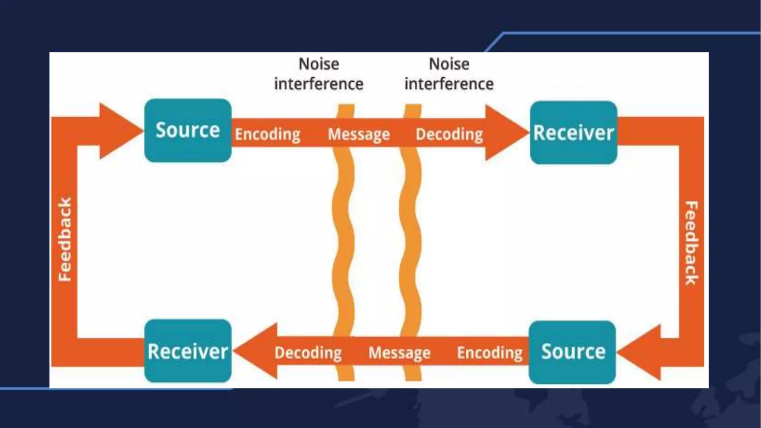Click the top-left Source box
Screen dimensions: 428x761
pyautogui.click(x=188, y=130)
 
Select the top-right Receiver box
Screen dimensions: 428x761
pyautogui.click(x=573, y=133)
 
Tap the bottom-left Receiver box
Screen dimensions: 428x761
pyautogui.click(x=188, y=351)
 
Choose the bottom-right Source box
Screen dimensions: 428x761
pyautogui.click(x=572, y=352)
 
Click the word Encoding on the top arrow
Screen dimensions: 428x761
pyautogui.click(x=268, y=134)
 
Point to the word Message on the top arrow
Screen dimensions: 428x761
pyautogui.click(x=359, y=134)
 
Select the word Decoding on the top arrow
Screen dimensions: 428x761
pyautogui.click(x=449, y=134)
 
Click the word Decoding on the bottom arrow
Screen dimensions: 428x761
pyautogui.click(x=308, y=352)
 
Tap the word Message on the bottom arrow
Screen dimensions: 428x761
pyautogui.click(x=399, y=352)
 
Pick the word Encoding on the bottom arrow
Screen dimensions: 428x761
pyautogui.click(x=489, y=352)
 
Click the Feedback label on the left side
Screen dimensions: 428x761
pyautogui.click(x=65, y=240)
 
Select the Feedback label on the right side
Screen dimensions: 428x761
pyautogui.click(x=691, y=243)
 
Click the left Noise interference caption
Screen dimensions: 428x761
pyautogui.click(x=319, y=74)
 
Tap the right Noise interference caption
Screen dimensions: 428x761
pyautogui.click(x=449, y=74)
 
